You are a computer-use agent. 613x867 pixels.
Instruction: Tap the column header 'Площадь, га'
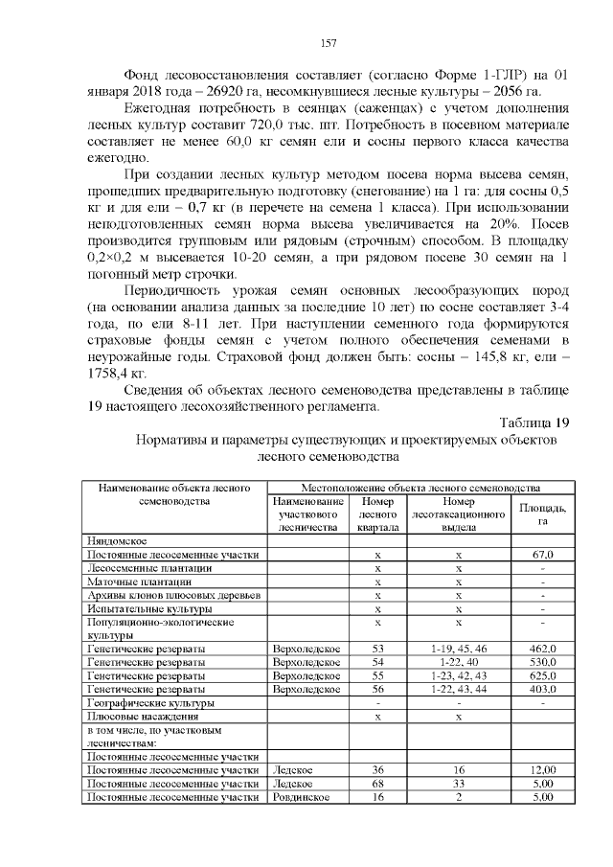coord(542,513)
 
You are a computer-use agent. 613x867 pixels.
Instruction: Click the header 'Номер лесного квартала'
coord(377,513)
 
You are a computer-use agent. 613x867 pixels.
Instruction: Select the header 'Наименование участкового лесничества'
coord(307,513)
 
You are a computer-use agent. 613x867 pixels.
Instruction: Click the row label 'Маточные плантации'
coord(139,581)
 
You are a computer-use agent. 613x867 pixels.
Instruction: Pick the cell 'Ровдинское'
coord(302,796)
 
